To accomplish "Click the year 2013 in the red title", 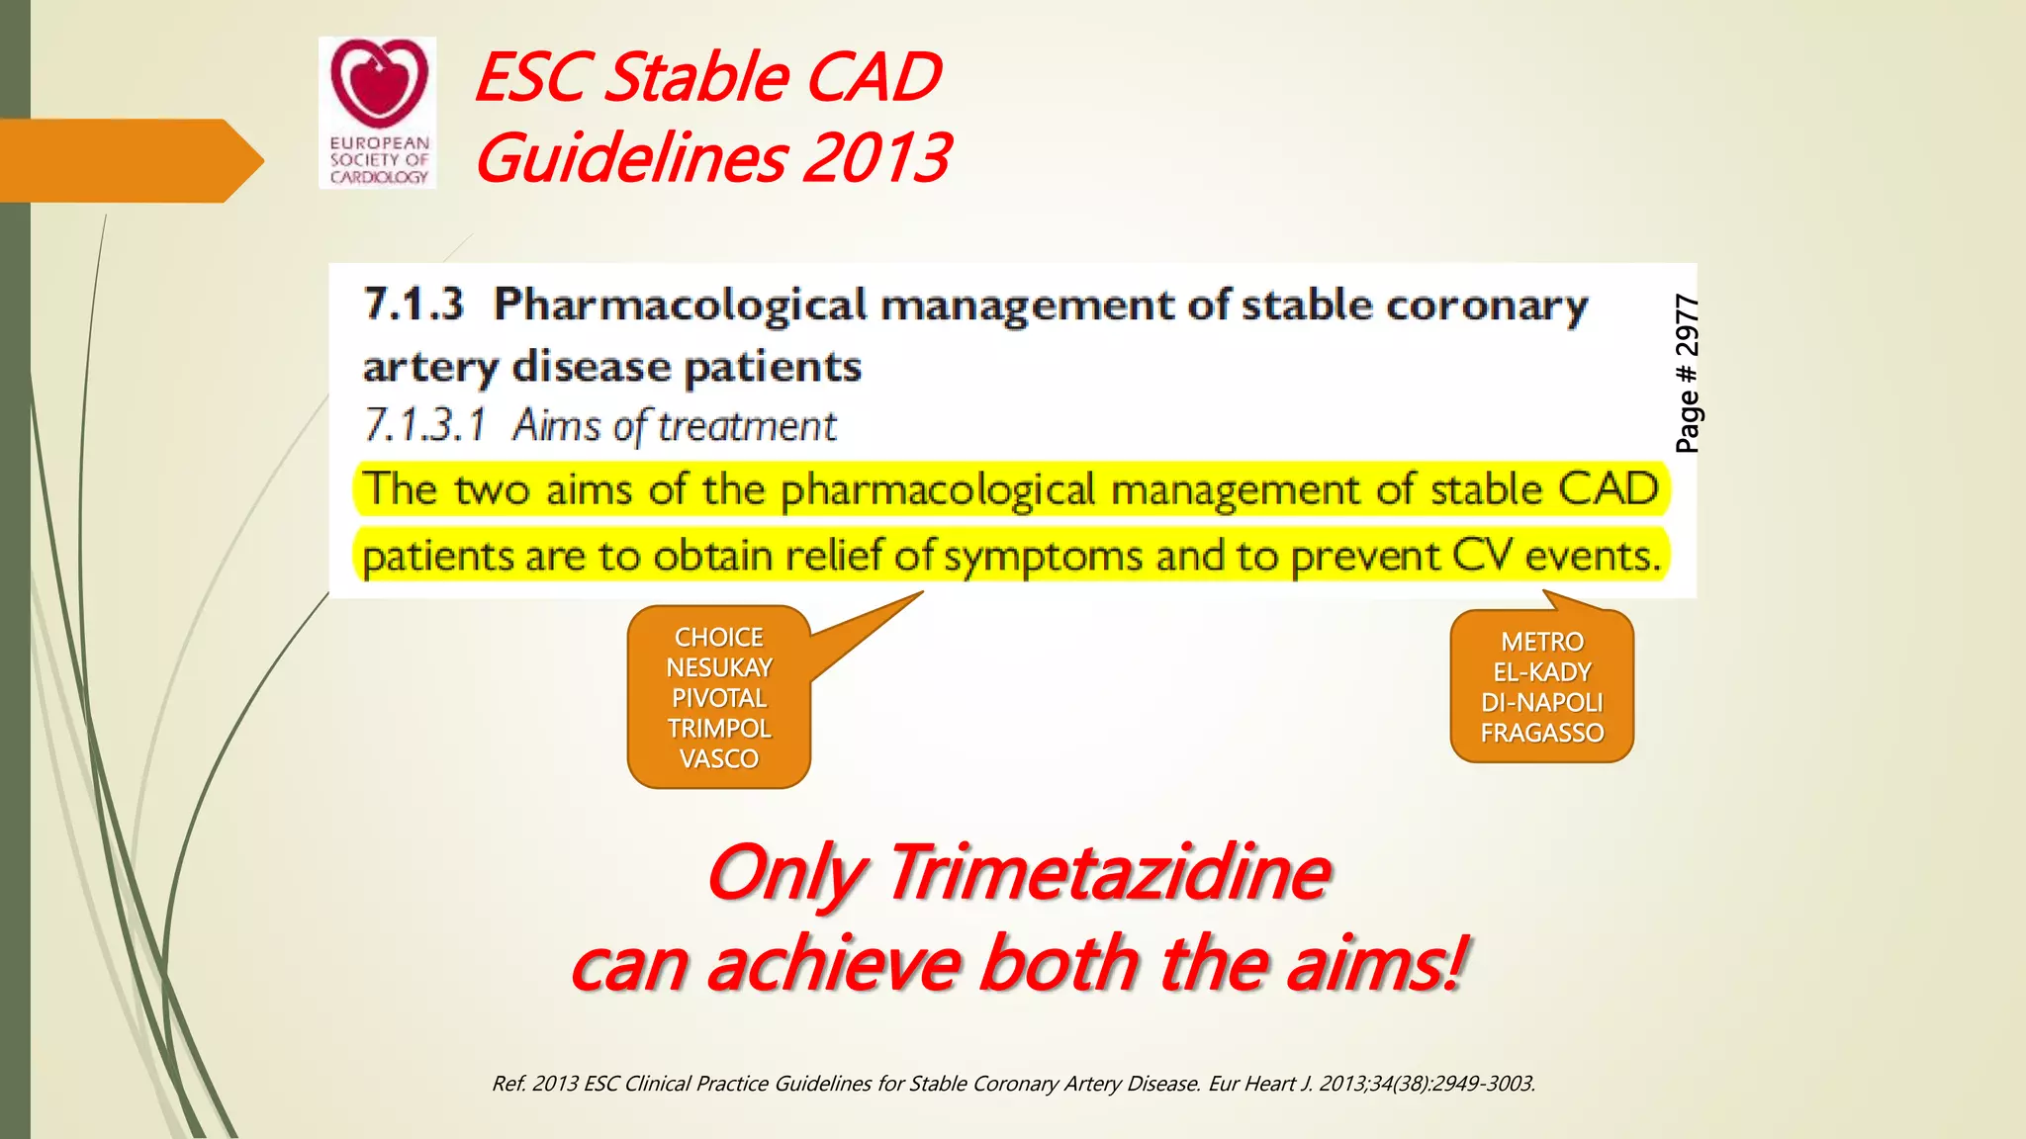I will (875, 157).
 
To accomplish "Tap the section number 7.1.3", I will (414, 304).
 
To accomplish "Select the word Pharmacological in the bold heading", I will (681, 305).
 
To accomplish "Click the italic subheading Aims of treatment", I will (674, 426).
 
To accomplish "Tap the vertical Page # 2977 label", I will (1687, 374).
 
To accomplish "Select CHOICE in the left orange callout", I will (718, 638).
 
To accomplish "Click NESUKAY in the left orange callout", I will (718, 668).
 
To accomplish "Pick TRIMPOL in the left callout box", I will (718, 729).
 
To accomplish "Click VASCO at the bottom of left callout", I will (718, 759).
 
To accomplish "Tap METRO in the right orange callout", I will (1541, 643).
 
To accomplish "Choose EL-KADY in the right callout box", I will (1541, 673).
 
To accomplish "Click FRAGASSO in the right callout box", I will (1541, 734).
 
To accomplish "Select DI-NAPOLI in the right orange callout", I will (1541, 703).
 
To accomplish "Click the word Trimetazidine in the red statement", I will (1108, 873).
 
